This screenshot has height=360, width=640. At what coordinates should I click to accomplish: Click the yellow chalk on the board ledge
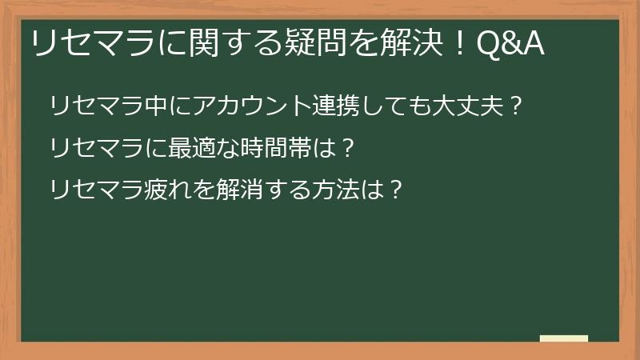click(x=563, y=338)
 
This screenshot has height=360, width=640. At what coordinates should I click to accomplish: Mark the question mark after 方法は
click(x=391, y=190)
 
